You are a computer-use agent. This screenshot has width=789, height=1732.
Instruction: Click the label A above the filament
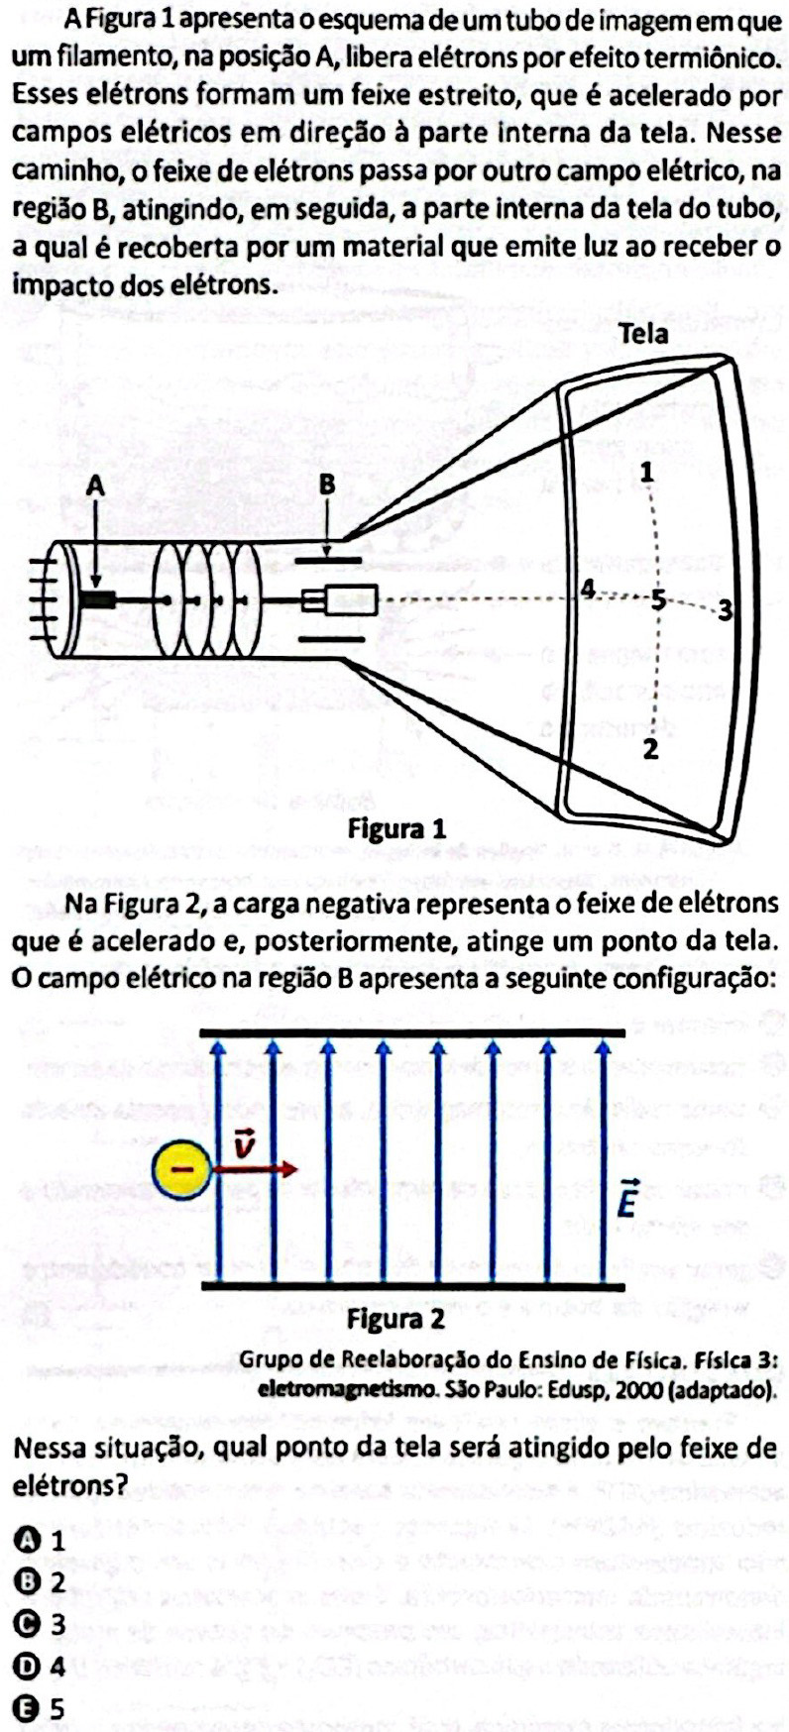[95, 486]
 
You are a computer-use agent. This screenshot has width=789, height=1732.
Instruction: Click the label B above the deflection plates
[327, 486]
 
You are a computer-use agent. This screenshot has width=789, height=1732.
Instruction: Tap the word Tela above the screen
[642, 334]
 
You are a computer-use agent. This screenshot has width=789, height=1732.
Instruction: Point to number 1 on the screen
[646, 472]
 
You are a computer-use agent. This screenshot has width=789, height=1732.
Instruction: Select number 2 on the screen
[650, 749]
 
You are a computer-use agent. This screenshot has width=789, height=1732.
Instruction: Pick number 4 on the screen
[588, 590]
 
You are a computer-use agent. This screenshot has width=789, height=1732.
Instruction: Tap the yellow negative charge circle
[181, 1169]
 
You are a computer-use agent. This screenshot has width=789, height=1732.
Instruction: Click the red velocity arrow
[254, 1169]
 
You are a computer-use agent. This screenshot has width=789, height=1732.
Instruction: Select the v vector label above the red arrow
[244, 1144]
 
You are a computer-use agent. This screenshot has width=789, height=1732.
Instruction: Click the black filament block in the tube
[99, 599]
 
